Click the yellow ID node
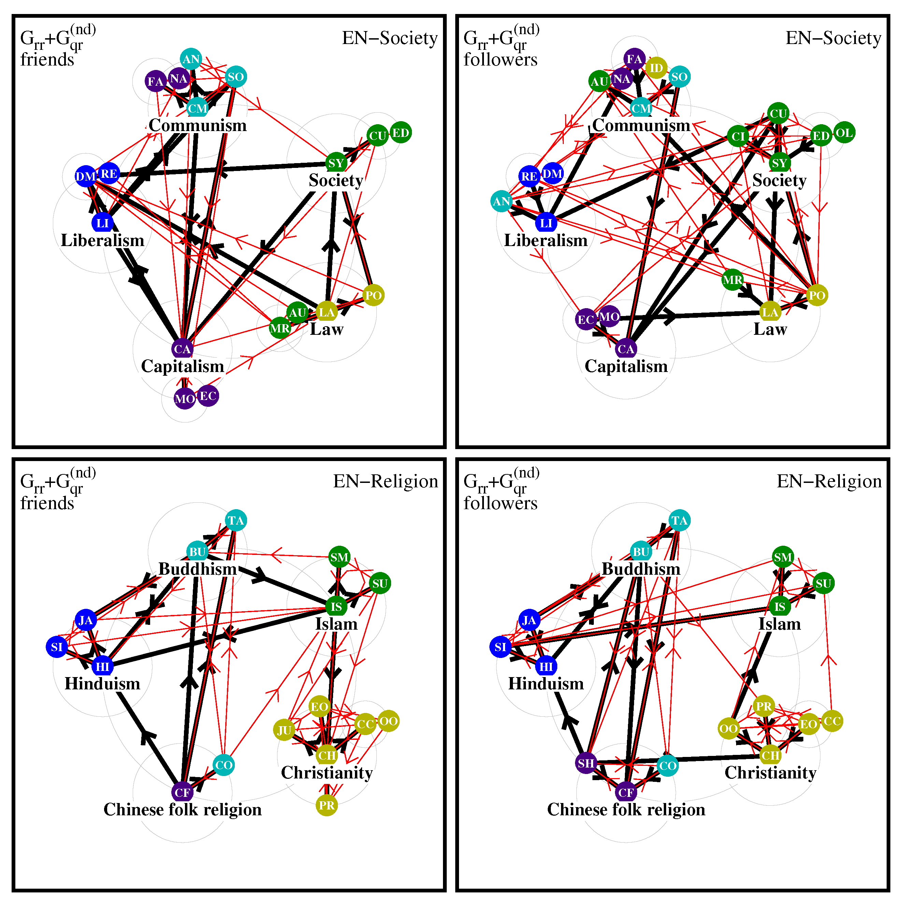[x=656, y=68]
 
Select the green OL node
[x=844, y=133]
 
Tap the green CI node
[x=738, y=137]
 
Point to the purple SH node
[x=586, y=763]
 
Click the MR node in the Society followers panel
[x=732, y=280]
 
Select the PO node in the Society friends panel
[x=373, y=296]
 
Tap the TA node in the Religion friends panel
[x=235, y=521]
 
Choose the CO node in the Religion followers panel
[x=668, y=765]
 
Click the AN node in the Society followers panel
[x=502, y=201]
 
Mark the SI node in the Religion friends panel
[x=57, y=647]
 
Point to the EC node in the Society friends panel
[x=207, y=396]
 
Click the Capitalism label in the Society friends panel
[x=183, y=367]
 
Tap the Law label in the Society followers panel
[x=770, y=330]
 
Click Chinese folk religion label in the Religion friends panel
[x=183, y=809]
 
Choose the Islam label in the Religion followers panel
[x=779, y=624]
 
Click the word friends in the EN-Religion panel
[x=47, y=503]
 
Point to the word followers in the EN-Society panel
[x=501, y=60]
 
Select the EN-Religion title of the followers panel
[x=829, y=482]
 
